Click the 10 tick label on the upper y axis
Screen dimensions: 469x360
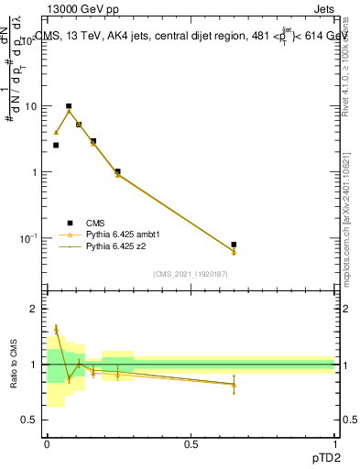tap(30, 106)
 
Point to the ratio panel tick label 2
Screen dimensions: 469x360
tap(33, 310)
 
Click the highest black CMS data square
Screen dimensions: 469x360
tap(69, 106)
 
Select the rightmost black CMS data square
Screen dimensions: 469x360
tap(234, 245)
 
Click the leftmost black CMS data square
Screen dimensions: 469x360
tap(56, 145)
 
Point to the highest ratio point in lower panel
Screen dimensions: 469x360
tap(56, 329)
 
